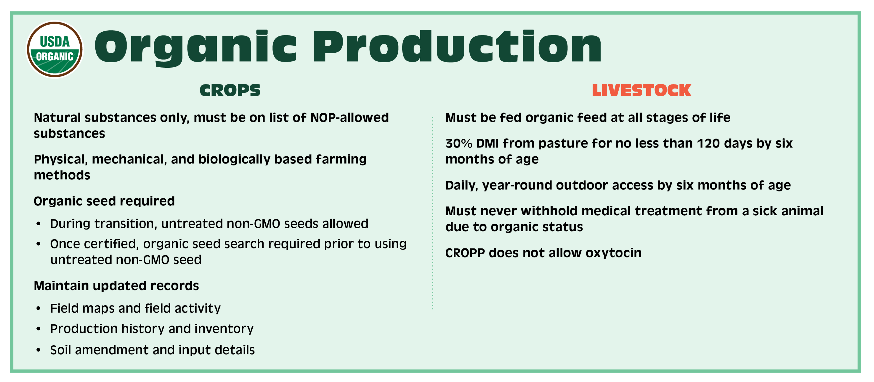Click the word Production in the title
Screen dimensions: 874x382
click(x=457, y=46)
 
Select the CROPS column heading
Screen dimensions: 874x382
click(x=230, y=90)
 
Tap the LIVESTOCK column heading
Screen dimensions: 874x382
click(x=641, y=90)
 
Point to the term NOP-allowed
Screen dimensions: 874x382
click(x=349, y=118)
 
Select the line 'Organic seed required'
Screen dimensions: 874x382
click(x=104, y=201)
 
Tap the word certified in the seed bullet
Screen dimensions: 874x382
click(x=109, y=244)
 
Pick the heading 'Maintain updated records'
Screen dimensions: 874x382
click(x=116, y=286)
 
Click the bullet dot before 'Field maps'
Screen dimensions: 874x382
click(x=38, y=308)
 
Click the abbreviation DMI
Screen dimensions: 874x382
click(x=488, y=143)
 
